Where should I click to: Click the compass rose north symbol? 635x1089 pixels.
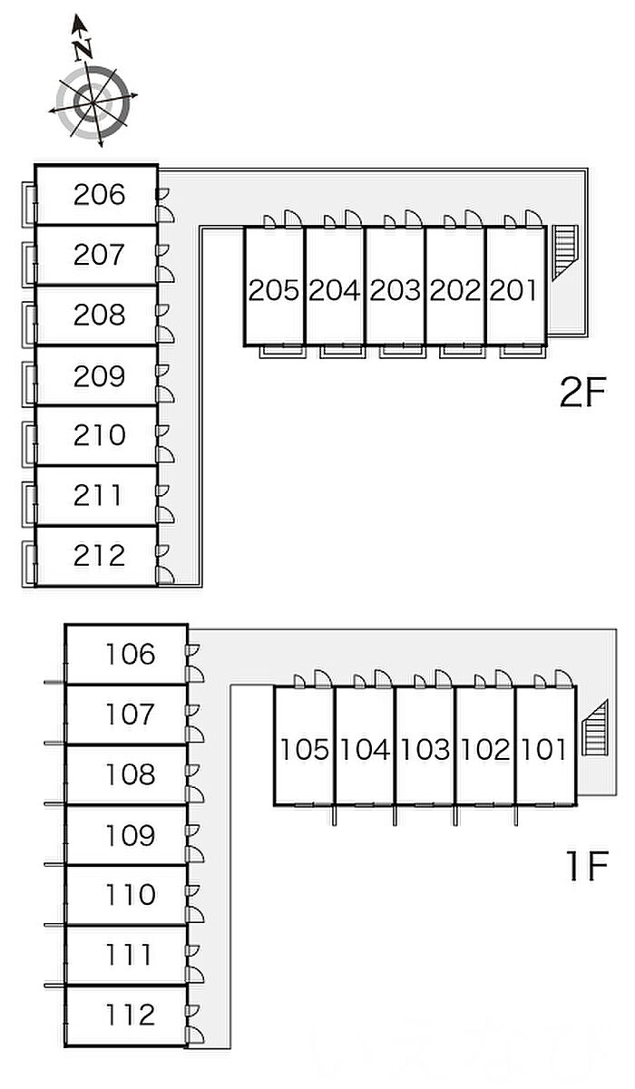(x=93, y=102)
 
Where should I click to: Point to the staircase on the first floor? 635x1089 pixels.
(x=594, y=725)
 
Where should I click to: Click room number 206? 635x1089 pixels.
(x=99, y=194)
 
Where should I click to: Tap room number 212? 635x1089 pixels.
(x=99, y=555)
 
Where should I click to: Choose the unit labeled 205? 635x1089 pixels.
(x=273, y=290)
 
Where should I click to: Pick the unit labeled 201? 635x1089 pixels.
(x=514, y=290)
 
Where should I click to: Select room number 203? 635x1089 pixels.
(x=395, y=290)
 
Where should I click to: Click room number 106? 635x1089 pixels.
(x=130, y=654)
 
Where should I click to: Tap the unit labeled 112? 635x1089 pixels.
(x=130, y=1015)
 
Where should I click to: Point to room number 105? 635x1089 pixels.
(x=304, y=749)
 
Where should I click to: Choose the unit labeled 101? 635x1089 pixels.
(x=544, y=749)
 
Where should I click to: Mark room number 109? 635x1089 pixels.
(x=130, y=834)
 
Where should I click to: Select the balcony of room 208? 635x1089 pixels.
(x=29, y=316)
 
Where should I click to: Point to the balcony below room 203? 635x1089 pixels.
(x=395, y=350)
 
